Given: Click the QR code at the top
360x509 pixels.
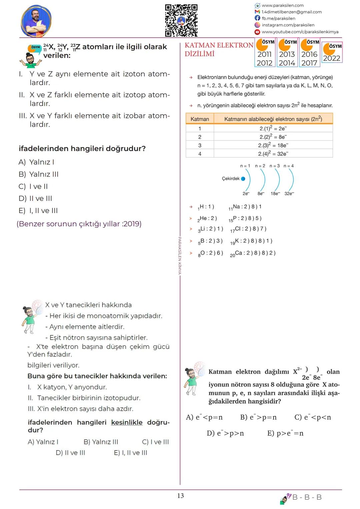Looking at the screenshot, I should click(x=181, y=20).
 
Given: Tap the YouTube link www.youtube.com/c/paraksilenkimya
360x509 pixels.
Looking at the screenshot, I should click(x=300, y=32).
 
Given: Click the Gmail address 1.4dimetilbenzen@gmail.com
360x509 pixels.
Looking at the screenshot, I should click(x=291, y=12).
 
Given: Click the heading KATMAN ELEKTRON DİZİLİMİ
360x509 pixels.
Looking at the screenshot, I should click(x=219, y=49).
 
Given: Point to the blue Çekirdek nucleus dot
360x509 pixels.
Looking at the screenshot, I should click(x=243, y=179).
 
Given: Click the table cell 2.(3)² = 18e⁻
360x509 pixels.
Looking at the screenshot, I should click(x=273, y=145).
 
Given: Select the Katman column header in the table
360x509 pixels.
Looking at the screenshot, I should click(x=200, y=119).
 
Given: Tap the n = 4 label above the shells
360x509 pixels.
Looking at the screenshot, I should click(x=289, y=166).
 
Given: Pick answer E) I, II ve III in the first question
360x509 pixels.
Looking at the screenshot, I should click(x=38, y=211).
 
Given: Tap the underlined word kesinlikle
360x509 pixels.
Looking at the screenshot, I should click(x=127, y=422).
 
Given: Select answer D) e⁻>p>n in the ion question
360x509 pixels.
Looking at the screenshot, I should click(x=225, y=433).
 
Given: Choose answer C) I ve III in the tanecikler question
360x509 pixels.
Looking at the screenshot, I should click(x=155, y=442).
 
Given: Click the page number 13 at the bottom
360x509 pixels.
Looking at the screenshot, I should click(x=180, y=496).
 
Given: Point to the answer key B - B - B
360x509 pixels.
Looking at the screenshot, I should click(x=307, y=497).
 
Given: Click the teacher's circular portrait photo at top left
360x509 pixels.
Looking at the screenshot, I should click(x=36, y=21).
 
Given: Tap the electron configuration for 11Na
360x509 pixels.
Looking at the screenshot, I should click(x=245, y=207).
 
